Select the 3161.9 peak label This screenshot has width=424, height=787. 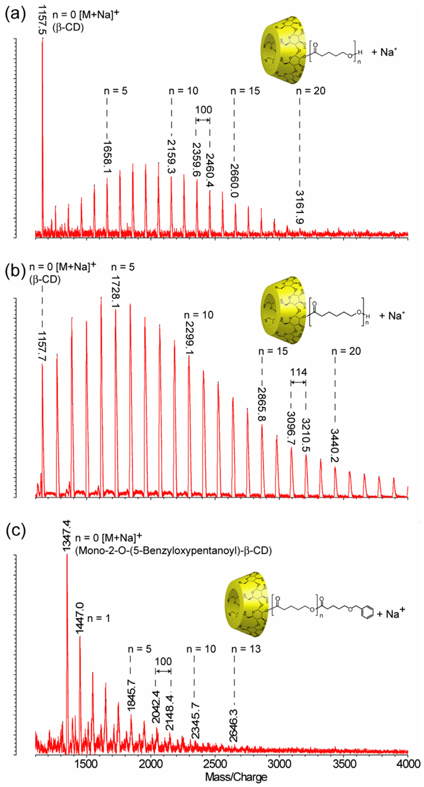(300, 207)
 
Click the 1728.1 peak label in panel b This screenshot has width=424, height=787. (116, 292)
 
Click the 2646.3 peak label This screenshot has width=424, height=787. (234, 725)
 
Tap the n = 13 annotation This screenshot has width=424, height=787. (246, 649)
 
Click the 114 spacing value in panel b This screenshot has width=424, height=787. (298, 372)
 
